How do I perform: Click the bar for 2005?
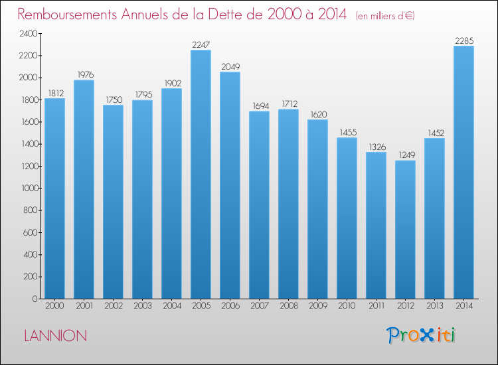pos(201,175)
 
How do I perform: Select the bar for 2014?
pos(463,173)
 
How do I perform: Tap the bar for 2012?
pos(405,230)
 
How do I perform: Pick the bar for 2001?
pos(84,189)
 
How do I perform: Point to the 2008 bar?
pos(288,204)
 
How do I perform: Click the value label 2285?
pos(464,40)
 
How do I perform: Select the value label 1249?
pos(406,155)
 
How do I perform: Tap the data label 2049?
pos(230,66)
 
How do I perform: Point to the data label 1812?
pos(56,93)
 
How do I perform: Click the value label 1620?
pos(319,114)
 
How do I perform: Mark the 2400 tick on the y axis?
pos(29,34)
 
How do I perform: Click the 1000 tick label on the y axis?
pos(29,188)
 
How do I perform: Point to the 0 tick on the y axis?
pos(35,299)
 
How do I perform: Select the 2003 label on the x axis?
pos(143,306)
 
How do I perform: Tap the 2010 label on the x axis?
pos(347,306)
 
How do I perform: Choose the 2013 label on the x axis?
pos(434,306)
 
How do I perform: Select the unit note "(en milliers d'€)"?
pos(385,16)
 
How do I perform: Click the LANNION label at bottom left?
pos(56,336)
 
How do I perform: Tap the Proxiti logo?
pos(421,335)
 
